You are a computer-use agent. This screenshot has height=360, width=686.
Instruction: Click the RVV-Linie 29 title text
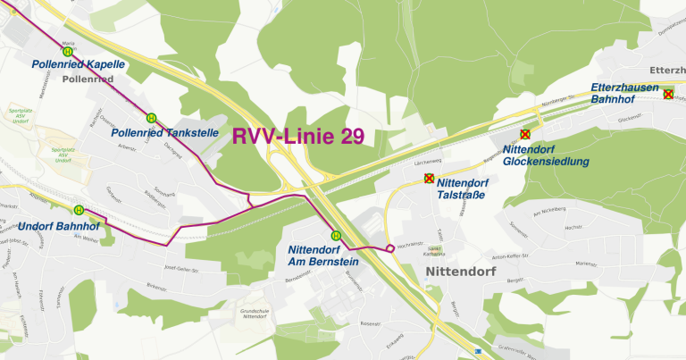pos(297,137)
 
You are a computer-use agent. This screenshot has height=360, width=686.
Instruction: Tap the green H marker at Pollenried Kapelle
pos(68,52)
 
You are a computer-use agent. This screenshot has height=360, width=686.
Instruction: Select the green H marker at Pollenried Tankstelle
pos(151,117)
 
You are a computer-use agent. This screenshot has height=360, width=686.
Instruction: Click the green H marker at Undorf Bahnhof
pos(79,211)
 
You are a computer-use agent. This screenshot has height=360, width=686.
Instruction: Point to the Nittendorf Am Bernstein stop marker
pos(336,236)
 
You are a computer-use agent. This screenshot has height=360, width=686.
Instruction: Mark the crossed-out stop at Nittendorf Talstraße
pos(429,178)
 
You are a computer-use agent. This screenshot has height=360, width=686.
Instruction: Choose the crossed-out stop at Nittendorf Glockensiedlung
pos(524,134)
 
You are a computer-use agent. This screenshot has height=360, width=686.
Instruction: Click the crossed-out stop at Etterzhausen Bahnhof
pos(667,94)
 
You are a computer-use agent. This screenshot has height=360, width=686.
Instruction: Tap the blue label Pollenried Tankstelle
pos(165,133)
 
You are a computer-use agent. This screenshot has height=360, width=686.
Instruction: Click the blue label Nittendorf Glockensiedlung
pos(546,155)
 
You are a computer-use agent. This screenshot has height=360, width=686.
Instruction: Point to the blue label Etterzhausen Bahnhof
pos(624,94)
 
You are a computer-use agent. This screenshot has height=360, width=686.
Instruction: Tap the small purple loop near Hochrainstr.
pos(390,247)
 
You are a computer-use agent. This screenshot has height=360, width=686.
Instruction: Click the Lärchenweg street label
pos(429,163)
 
